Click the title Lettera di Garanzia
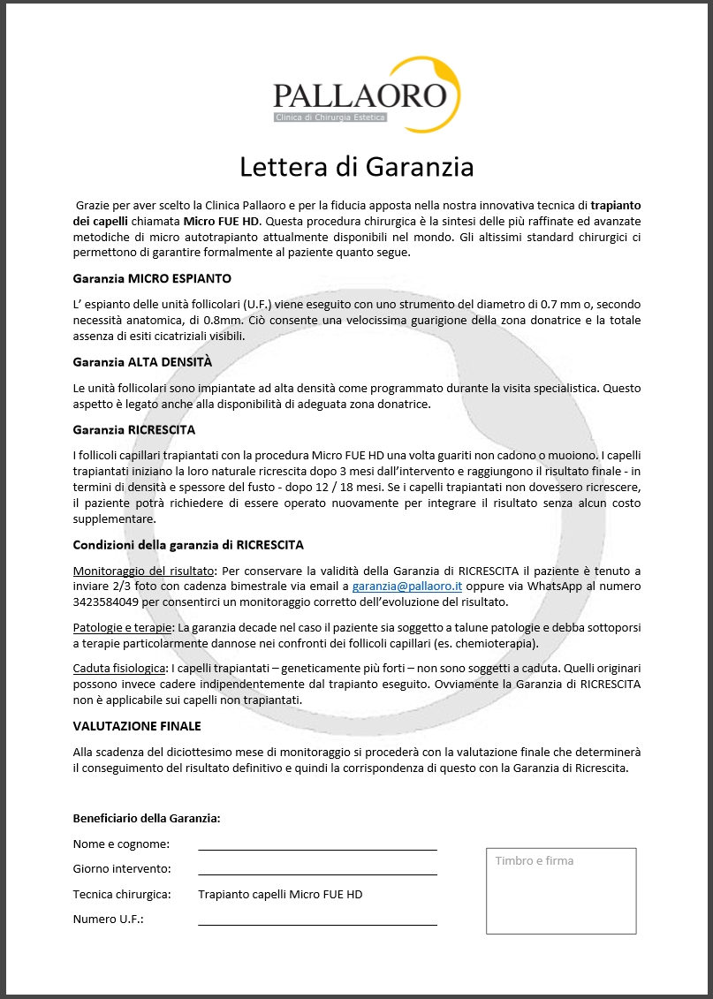click(357, 166)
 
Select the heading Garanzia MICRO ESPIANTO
click(152, 278)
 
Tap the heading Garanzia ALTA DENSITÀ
click(142, 362)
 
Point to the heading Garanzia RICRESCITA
click(134, 429)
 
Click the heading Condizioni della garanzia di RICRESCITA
click(188, 545)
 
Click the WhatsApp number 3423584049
click(102, 602)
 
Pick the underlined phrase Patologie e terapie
click(123, 627)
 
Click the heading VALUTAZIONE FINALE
click(137, 726)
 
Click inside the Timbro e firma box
click(561, 897)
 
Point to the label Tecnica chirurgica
click(122, 894)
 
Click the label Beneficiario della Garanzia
click(147, 819)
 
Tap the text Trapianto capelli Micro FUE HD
click(280, 894)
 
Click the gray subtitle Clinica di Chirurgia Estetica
click(335, 117)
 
